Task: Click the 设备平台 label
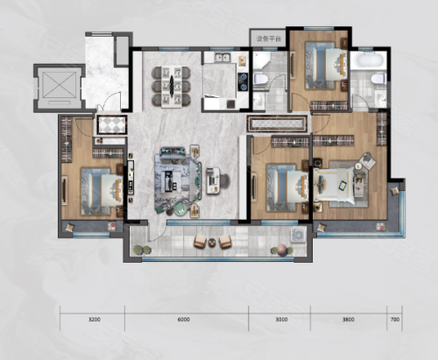pos(268,39)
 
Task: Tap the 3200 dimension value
pos(95,320)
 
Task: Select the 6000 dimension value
pos(184,320)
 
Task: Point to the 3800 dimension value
pos(349,320)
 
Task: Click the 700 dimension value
pos(395,320)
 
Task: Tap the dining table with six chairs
pos(171,86)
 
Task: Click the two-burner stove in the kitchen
pos(243,82)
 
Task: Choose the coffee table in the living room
pos(170,180)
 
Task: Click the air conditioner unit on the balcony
pos(298,235)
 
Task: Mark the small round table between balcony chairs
pos(212,242)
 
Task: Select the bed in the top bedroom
pos(327,65)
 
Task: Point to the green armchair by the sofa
pos(180,208)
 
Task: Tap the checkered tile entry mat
pos(112,124)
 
